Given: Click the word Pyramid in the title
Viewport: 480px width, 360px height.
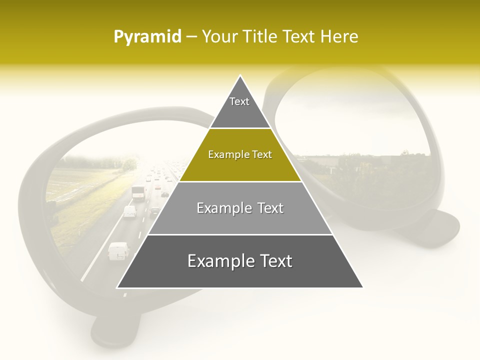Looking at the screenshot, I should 147,37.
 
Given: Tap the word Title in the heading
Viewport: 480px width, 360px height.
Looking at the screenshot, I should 260,37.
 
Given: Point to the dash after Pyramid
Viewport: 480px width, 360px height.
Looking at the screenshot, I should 191,37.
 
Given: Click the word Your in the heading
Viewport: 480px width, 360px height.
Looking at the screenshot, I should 219,37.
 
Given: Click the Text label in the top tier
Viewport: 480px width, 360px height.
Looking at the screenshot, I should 239,101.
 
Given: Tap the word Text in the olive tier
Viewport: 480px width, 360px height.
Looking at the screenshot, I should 261,155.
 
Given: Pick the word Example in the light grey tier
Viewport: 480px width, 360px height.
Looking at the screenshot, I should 223,208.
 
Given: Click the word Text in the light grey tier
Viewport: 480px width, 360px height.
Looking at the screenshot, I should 270,208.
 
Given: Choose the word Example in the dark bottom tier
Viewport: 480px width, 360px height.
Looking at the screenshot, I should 218,261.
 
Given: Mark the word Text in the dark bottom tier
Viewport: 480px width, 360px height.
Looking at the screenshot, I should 275,261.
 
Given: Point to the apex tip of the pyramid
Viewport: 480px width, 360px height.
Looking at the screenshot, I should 240,76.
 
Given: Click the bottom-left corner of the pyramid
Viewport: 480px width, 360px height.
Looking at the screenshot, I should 117,287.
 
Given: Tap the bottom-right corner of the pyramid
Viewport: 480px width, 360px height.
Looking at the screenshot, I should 362,287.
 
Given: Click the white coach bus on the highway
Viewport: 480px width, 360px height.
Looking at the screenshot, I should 138,191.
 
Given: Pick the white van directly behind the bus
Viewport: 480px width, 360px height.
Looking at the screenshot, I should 130,211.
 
